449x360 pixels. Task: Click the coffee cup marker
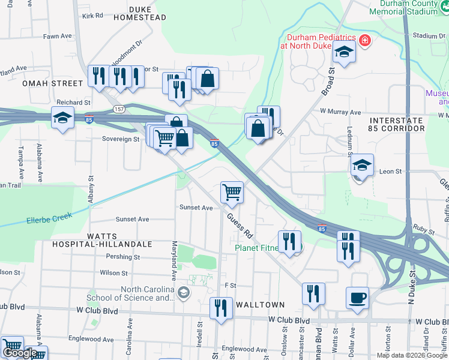click(x=358, y=298)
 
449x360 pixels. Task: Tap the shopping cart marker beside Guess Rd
click(x=232, y=193)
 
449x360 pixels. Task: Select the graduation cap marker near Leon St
click(x=362, y=165)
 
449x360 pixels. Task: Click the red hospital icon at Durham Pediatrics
click(x=364, y=41)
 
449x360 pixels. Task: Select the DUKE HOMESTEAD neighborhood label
click(x=140, y=13)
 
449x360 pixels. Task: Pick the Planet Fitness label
click(x=258, y=247)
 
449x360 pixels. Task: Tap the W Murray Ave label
click(x=340, y=112)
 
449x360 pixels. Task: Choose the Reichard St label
click(x=73, y=103)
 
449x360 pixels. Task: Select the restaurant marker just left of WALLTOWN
click(x=221, y=308)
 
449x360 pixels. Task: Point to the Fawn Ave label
click(x=58, y=36)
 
